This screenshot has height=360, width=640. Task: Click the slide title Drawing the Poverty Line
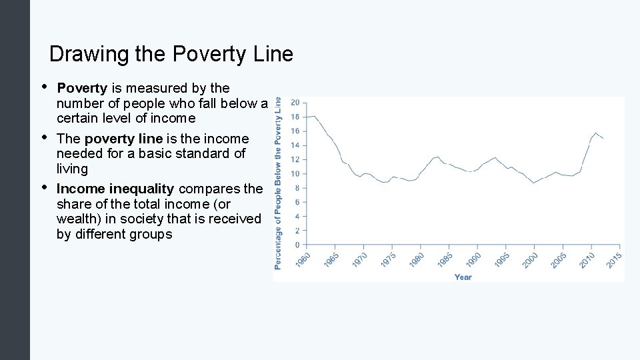[171, 54]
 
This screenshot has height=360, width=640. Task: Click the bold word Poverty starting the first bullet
[82, 88]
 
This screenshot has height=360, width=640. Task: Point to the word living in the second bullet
[72, 169]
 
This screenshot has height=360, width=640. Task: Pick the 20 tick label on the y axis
[294, 103]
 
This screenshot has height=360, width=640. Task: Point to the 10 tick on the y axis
[294, 174]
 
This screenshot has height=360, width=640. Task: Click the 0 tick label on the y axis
[297, 245]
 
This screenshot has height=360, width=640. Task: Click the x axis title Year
[463, 277]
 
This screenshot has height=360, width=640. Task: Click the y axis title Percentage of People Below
[278, 183]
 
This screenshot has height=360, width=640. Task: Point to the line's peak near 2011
[595, 133]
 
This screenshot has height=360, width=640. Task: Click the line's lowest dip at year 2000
[533, 183]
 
